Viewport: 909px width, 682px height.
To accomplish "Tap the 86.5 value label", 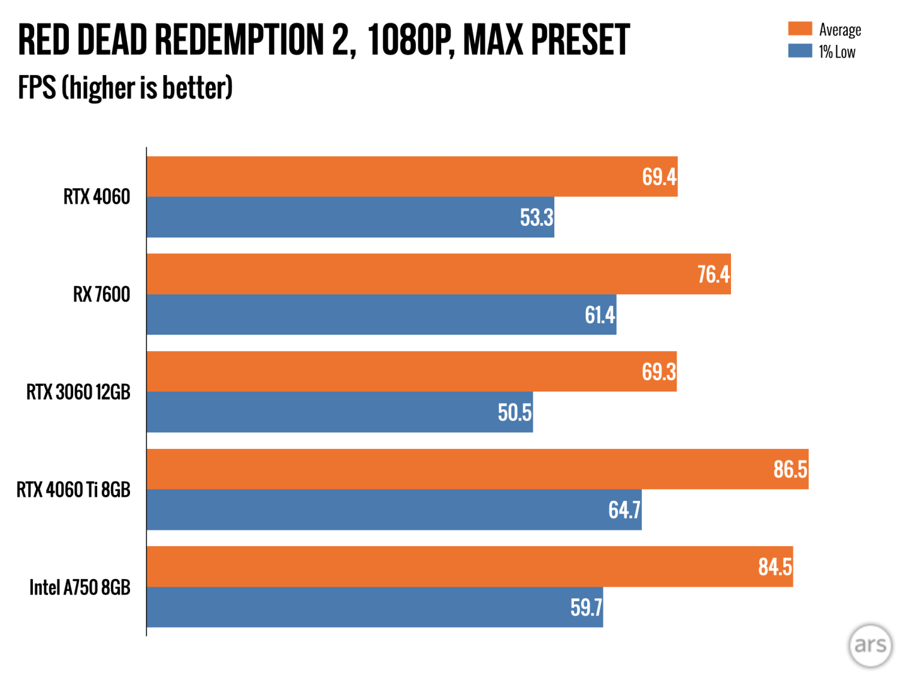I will click(790, 469).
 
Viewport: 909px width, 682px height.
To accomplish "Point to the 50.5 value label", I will click(514, 412).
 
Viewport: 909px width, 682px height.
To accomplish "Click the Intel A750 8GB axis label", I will click(80, 587).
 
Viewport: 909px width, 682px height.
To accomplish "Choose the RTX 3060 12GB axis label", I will click(78, 392).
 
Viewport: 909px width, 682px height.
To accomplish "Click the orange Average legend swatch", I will click(800, 29).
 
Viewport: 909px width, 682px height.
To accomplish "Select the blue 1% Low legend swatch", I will click(800, 51).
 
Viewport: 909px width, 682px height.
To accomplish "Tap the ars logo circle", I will click(870, 645).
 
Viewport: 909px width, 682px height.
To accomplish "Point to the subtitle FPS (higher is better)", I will click(125, 88).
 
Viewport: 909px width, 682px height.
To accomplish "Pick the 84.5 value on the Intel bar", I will click(775, 566).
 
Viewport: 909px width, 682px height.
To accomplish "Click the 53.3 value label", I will click(537, 217).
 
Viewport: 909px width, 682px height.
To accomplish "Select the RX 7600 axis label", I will click(101, 294).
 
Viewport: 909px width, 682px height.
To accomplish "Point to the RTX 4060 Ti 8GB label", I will click(73, 489).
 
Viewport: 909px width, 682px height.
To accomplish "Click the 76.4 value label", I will click(713, 274).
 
